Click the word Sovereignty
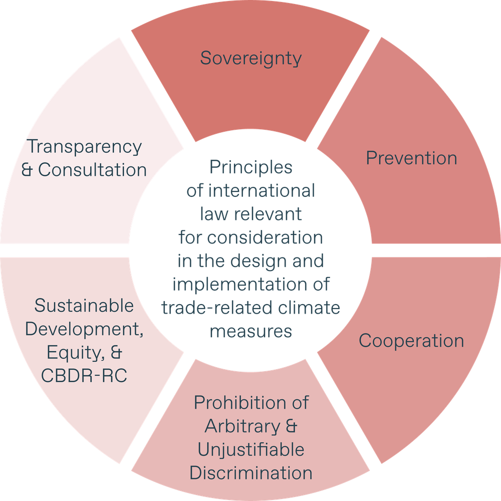click(x=251, y=58)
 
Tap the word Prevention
click(x=411, y=158)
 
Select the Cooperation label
click(x=411, y=341)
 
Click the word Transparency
click(x=85, y=147)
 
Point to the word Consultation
click(x=93, y=170)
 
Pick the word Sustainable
click(x=84, y=305)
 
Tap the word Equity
click(x=73, y=353)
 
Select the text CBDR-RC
click(x=85, y=375)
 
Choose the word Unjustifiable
click(x=250, y=449)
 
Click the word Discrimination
click(x=251, y=473)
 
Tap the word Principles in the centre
click(x=250, y=167)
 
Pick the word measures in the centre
click(x=251, y=331)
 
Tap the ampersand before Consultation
click(x=28, y=170)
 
